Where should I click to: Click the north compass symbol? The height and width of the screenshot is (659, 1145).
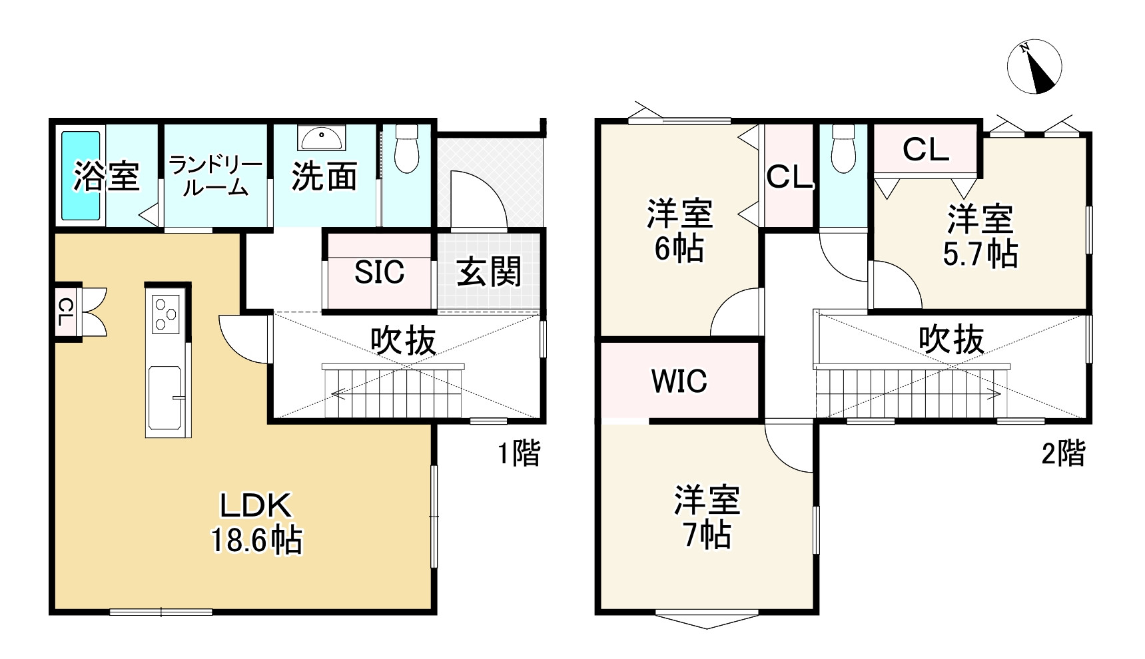(1034, 67)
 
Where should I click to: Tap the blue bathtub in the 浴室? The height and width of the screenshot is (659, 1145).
(81, 175)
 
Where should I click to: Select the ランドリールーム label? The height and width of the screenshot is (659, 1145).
(214, 176)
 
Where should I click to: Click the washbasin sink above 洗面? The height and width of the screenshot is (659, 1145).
(322, 138)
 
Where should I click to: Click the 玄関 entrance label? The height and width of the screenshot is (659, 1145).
(490, 272)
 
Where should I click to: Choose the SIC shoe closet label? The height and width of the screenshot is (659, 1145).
(379, 272)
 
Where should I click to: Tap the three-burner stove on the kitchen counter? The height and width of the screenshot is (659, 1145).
(167, 313)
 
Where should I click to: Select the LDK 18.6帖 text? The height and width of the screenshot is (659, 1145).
(256, 523)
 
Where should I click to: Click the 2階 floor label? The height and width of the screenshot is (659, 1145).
(1063, 454)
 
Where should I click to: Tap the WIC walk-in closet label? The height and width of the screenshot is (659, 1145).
(679, 381)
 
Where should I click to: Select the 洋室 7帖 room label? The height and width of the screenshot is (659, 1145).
(707, 518)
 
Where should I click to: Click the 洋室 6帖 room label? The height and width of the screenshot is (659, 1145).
(679, 230)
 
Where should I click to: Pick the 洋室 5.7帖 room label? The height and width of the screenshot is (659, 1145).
(980, 236)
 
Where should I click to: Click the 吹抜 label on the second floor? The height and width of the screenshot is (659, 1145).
(951, 339)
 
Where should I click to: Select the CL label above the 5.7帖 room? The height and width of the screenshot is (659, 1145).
(925, 150)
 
